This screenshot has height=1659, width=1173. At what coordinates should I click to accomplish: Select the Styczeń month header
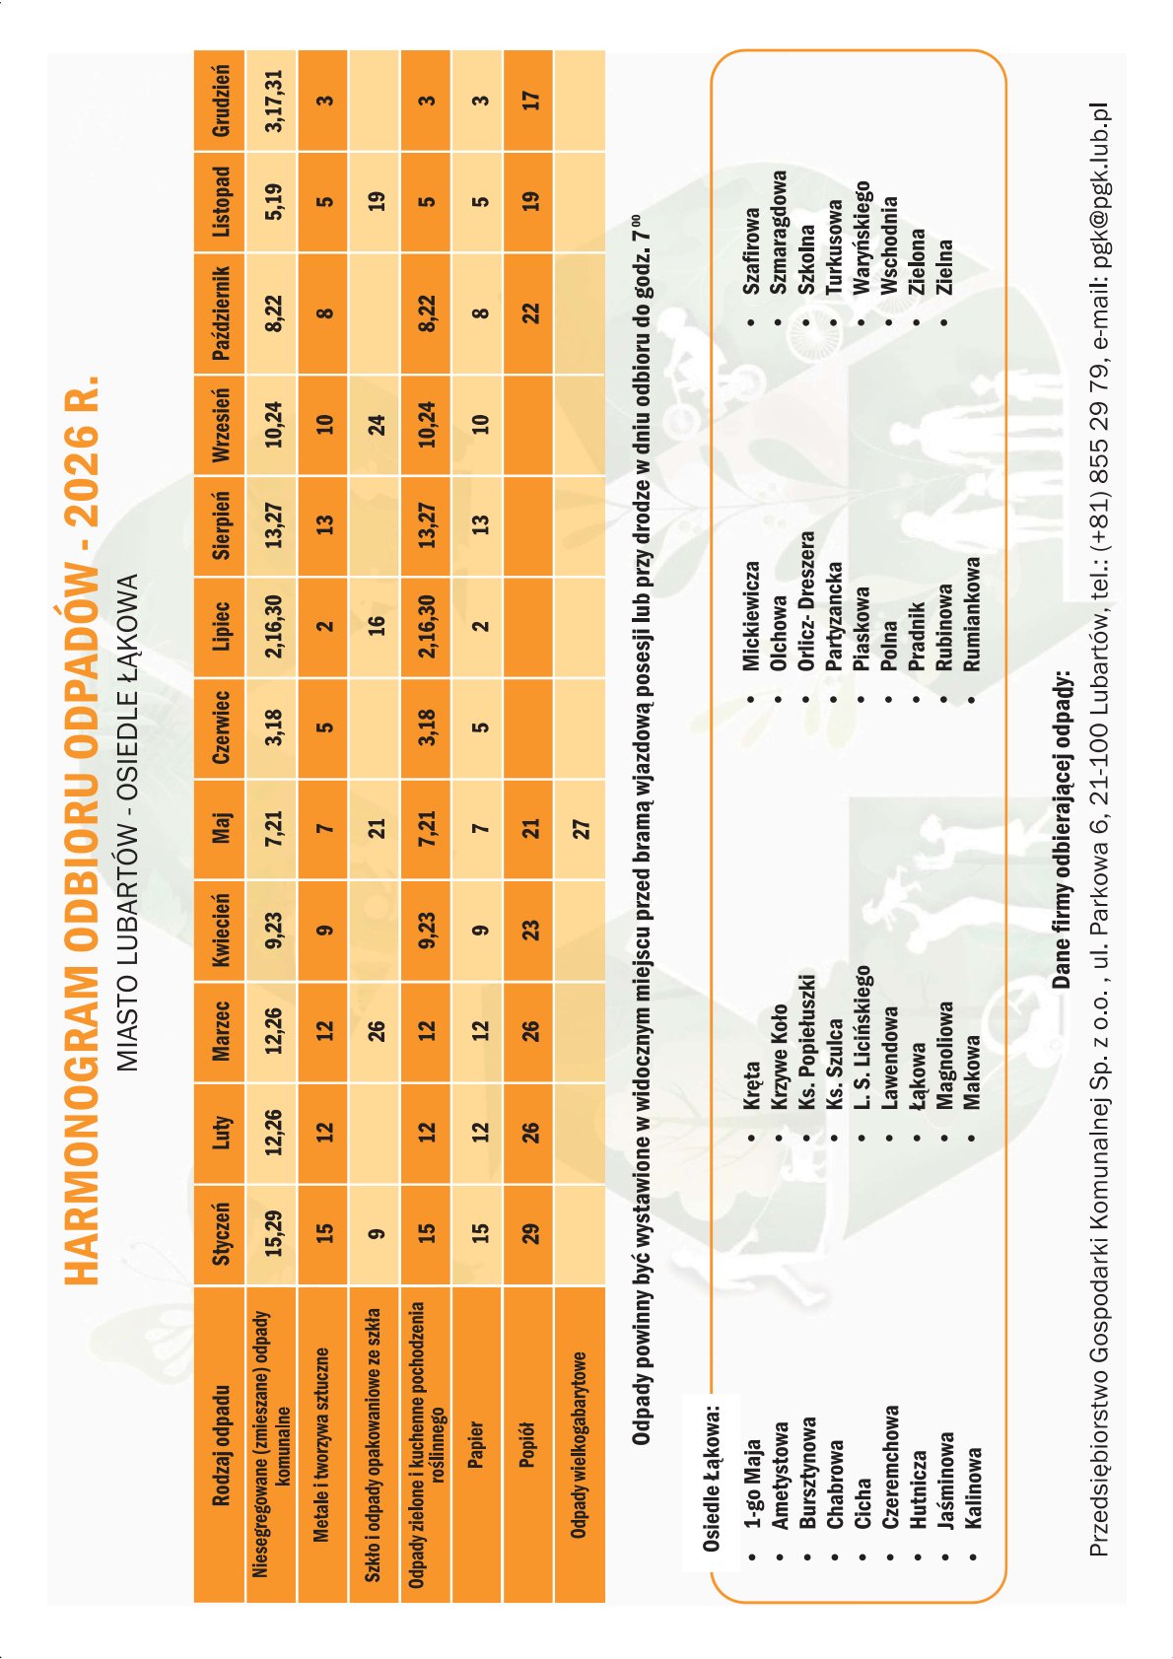pyautogui.click(x=221, y=1233)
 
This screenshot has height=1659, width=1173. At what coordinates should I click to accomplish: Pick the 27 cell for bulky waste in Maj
pyautogui.click(x=581, y=828)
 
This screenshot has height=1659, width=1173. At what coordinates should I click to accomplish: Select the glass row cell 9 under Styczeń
pyautogui.click(x=376, y=1233)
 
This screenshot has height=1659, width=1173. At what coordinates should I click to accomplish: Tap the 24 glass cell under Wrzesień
pyautogui.click(x=376, y=425)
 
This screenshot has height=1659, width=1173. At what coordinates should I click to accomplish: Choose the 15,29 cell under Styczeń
pyautogui.click(x=273, y=1233)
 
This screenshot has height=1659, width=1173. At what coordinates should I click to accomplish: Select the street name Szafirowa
pyautogui.click(x=752, y=249)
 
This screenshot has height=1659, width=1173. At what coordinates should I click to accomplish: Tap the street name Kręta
pyautogui.click(x=752, y=1084)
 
